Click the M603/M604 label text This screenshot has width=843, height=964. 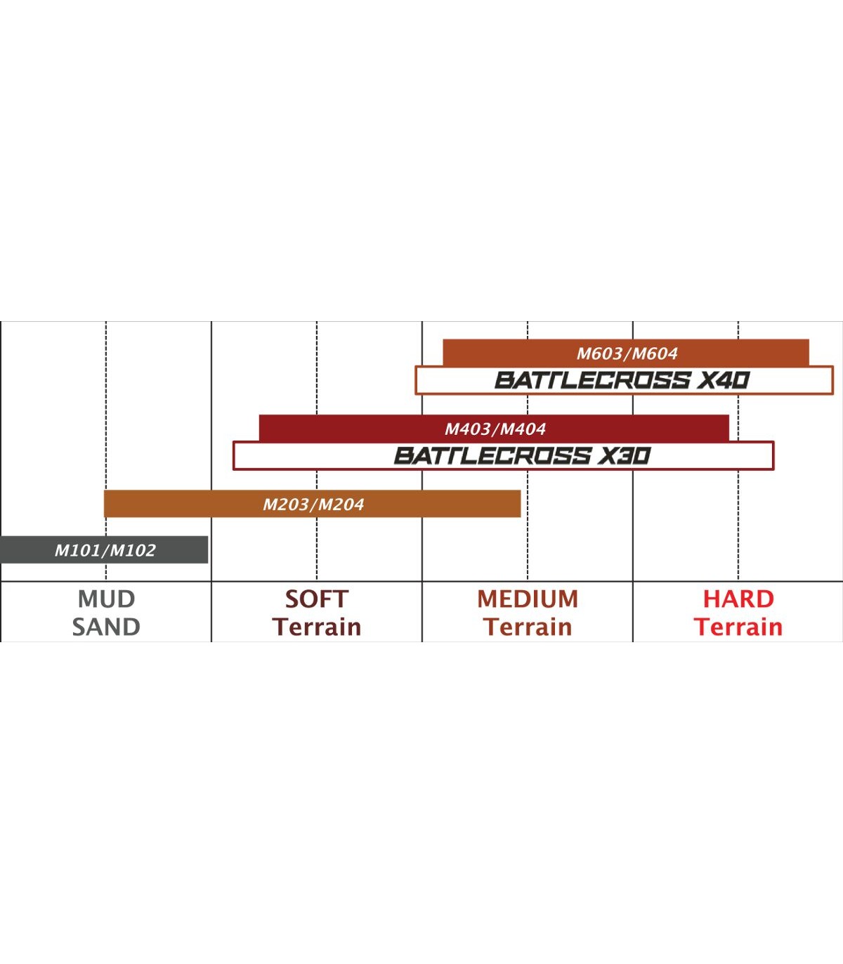click(x=627, y=353)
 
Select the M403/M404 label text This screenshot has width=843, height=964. click(x=495, y=429)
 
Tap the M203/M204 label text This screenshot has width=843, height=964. click(x=313, y=504)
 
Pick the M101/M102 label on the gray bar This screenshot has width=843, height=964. click(x=105, y=550)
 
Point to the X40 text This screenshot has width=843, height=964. click(x=724, y=381)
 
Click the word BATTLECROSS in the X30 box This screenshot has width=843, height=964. click(x=492, y=456)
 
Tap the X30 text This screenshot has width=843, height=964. click(x=624, y=456)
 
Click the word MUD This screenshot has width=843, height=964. click(x=106, y=599)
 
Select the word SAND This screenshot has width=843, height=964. click(x=106, y=627)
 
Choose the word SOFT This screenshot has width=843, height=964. click(x=316, y=599)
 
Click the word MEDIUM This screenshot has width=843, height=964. click(x=528, y=599)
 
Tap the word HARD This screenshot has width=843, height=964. click(x=738, y=599)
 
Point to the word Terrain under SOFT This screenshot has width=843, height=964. click(x=317, y=627)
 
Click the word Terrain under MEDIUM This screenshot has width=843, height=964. click(x=528, y=627)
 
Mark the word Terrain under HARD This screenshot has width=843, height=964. click(x=738, y=627)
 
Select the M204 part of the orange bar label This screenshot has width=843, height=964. click(x=340, y=504)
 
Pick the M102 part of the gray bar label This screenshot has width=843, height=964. click(x=133, y=550)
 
